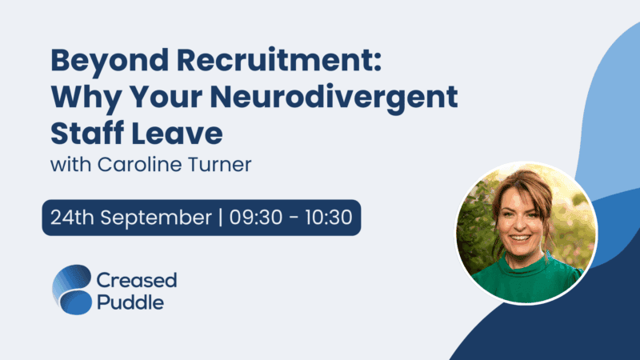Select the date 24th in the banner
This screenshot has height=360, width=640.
click(x=70, y=217)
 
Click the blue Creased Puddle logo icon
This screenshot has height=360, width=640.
click(x=72, y=290)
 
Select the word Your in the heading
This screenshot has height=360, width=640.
click(x=154, y=98)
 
